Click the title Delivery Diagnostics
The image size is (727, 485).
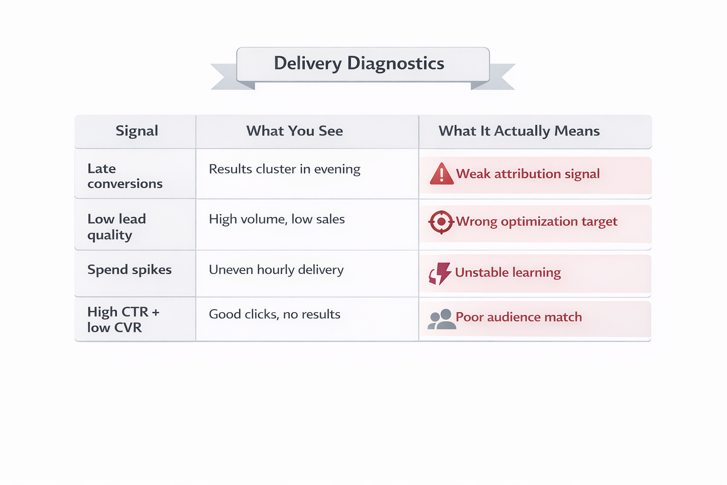coord(359,63)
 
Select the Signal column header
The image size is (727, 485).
coord(137,131)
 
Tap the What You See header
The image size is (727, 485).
coord(294,131)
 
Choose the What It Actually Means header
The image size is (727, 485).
coord(519,131)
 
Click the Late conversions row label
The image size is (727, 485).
coord(125,176)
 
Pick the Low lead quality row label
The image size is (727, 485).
coord(116,226)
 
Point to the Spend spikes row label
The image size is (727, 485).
coord(129,269)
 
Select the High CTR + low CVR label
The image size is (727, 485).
coord(123,319)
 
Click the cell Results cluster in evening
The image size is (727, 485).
coord(284,169)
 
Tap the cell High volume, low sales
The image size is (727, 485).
coord(277,219)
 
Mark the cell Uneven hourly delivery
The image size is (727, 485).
coord(276,269)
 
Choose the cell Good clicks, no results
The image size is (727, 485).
coord(275,314)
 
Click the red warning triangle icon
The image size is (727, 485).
coord(441,174)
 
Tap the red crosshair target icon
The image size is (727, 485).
coord(441,222)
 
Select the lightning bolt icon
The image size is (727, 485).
coord(441,273)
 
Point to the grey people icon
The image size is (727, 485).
coord(441,319)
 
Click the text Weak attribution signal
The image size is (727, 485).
coord(528,174)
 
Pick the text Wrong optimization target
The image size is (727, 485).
coord(536,222)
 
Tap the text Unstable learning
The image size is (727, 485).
coord(508,272)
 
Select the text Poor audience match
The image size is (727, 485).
coord(518,317)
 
